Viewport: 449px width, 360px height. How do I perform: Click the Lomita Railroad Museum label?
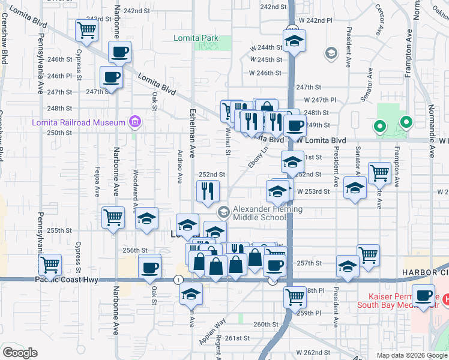coord(79,123)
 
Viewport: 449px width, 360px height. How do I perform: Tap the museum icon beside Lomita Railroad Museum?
coord(135,123)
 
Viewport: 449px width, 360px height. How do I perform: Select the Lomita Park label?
coord(196,38)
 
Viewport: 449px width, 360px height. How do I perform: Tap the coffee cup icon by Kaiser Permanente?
coord(424,296)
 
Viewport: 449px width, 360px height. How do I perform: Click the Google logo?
coord(20,353)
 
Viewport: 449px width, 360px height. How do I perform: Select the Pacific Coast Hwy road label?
coord(66,280)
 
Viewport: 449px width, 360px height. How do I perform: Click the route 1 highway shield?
coord(178,280)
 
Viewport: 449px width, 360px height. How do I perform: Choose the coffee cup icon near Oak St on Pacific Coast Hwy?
coord(149,266)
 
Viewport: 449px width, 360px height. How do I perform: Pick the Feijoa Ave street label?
coord(97,182)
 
